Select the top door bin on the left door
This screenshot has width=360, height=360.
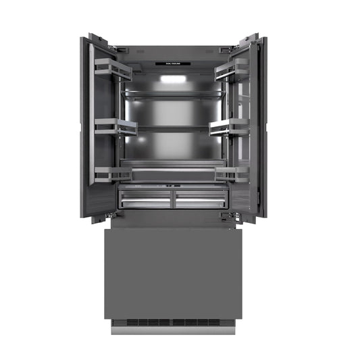click(x=112, y=68)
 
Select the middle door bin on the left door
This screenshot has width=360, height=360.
click(x=115, y=126)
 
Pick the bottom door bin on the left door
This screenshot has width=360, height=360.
click(x=112, y=173)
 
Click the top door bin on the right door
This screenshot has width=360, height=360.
click(x=231, y=69)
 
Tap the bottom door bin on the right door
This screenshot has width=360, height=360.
click(x=231, y=173)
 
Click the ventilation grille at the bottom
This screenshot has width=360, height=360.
click(x=173, y=322)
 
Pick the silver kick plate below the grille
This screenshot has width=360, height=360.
click(x=173, y=330)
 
